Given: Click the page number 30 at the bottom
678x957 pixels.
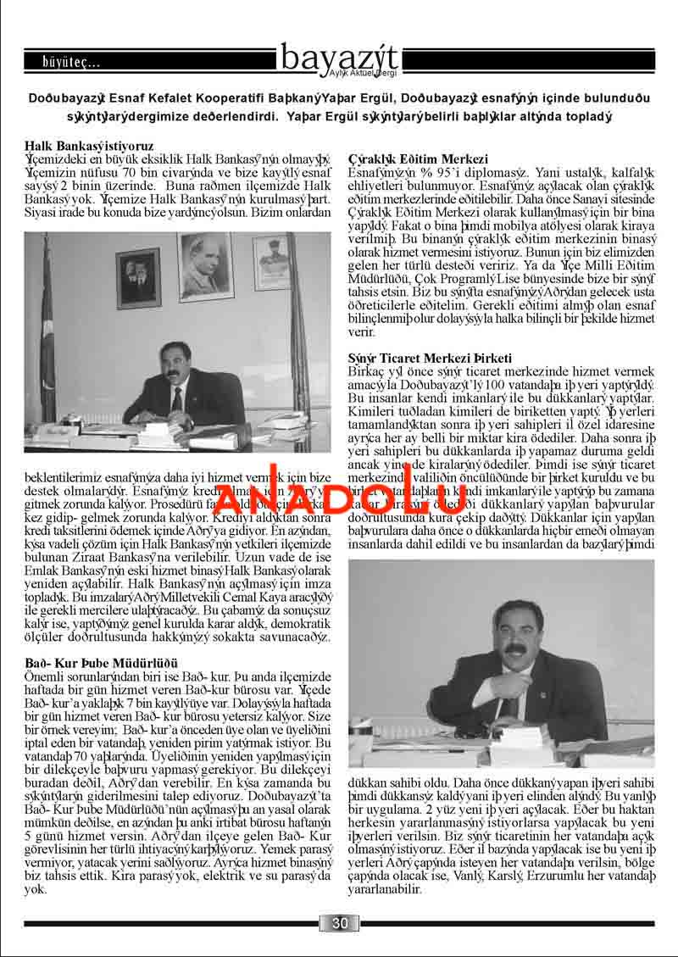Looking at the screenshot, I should point(340,923).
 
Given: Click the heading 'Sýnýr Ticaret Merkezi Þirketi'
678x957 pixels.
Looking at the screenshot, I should point(430,359).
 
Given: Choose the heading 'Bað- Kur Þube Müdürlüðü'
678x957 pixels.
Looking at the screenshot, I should point(101,661).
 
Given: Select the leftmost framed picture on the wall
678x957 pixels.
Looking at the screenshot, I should point(138,277).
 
